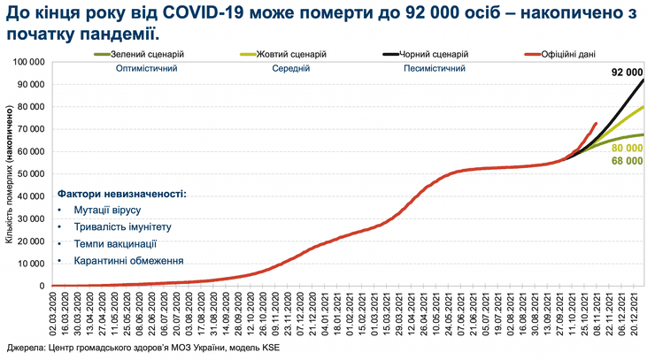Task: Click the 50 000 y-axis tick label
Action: [x=27, y=173]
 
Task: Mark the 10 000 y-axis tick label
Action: [x=27, y=264]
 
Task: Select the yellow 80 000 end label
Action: [x=627, y=148]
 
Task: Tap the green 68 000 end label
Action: [x=627, y=162]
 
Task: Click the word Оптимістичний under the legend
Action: [x=141, y=67]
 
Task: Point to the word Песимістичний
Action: [x=434, y=67]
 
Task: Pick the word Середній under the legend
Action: [x=290, y=67]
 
